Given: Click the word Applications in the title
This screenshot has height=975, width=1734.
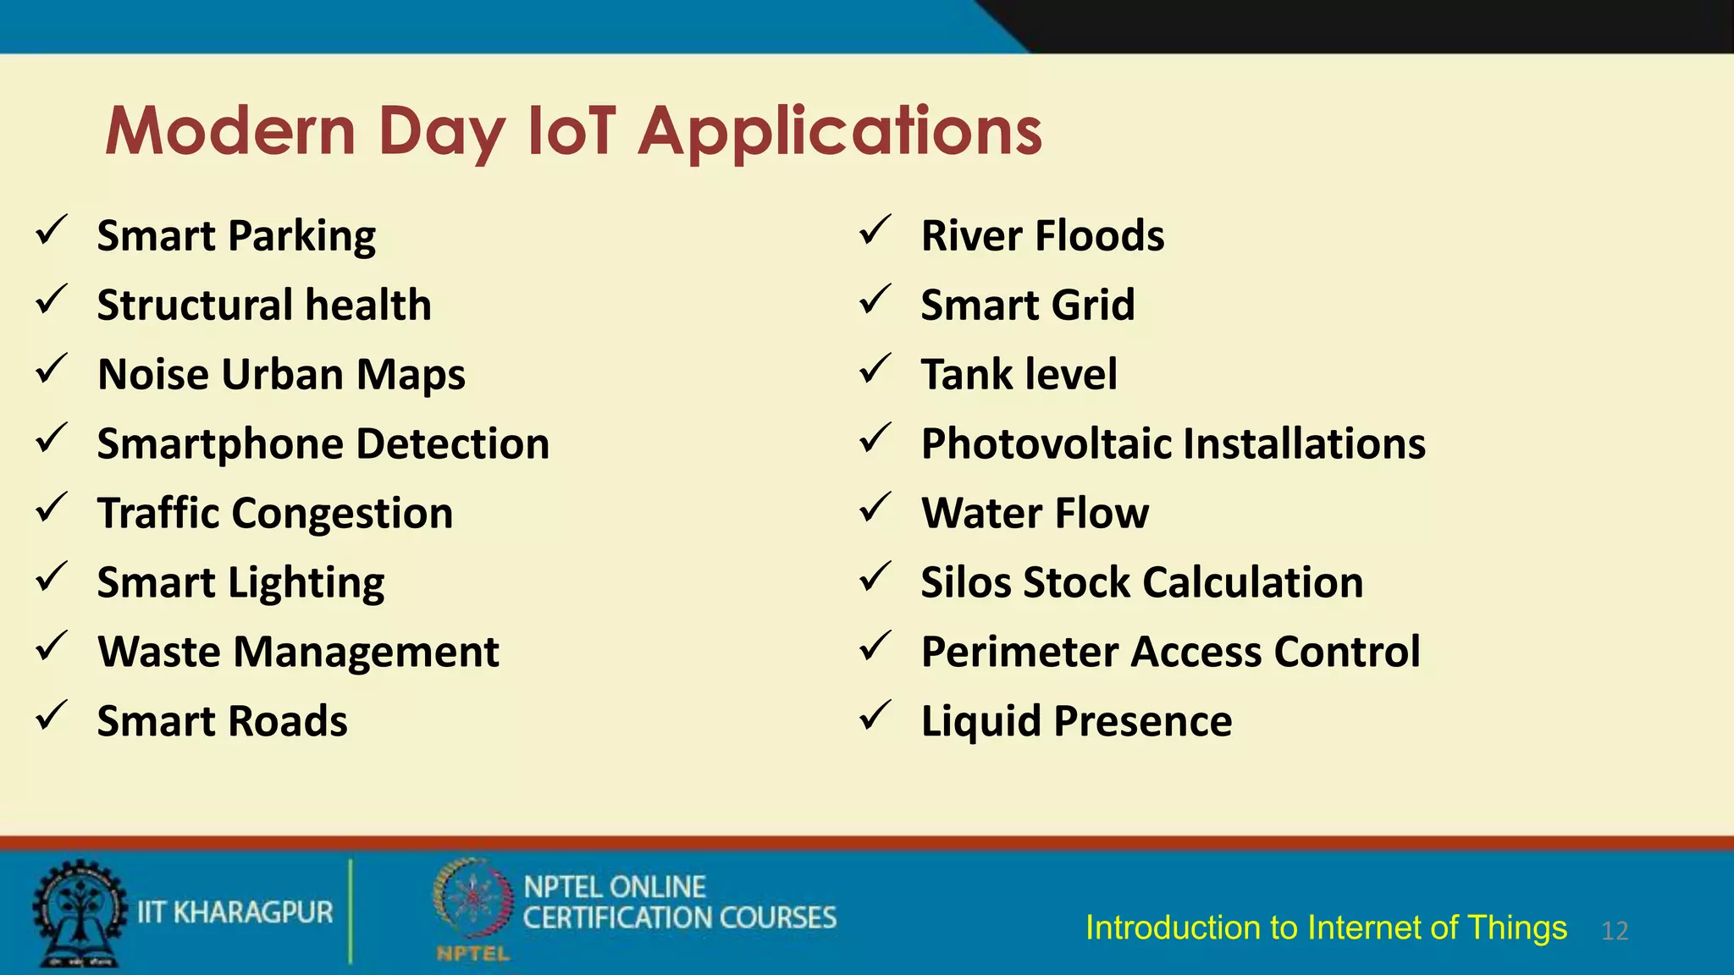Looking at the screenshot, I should pos(840,133).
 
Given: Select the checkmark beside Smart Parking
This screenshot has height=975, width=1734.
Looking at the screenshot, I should pos(52,230).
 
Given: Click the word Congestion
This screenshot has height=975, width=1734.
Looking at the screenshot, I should pos(342,514).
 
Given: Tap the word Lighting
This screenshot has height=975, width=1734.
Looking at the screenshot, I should pos(306,583).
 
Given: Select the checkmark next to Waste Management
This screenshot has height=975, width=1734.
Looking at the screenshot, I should pos(52,647).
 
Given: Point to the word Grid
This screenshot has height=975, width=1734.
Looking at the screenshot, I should pos(1094,305).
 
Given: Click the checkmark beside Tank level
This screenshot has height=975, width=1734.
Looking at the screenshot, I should pos(875,369).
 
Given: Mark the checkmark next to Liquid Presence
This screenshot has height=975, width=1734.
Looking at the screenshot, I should pos(875,716).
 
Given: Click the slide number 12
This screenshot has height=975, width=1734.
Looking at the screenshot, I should pos(1615,931).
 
